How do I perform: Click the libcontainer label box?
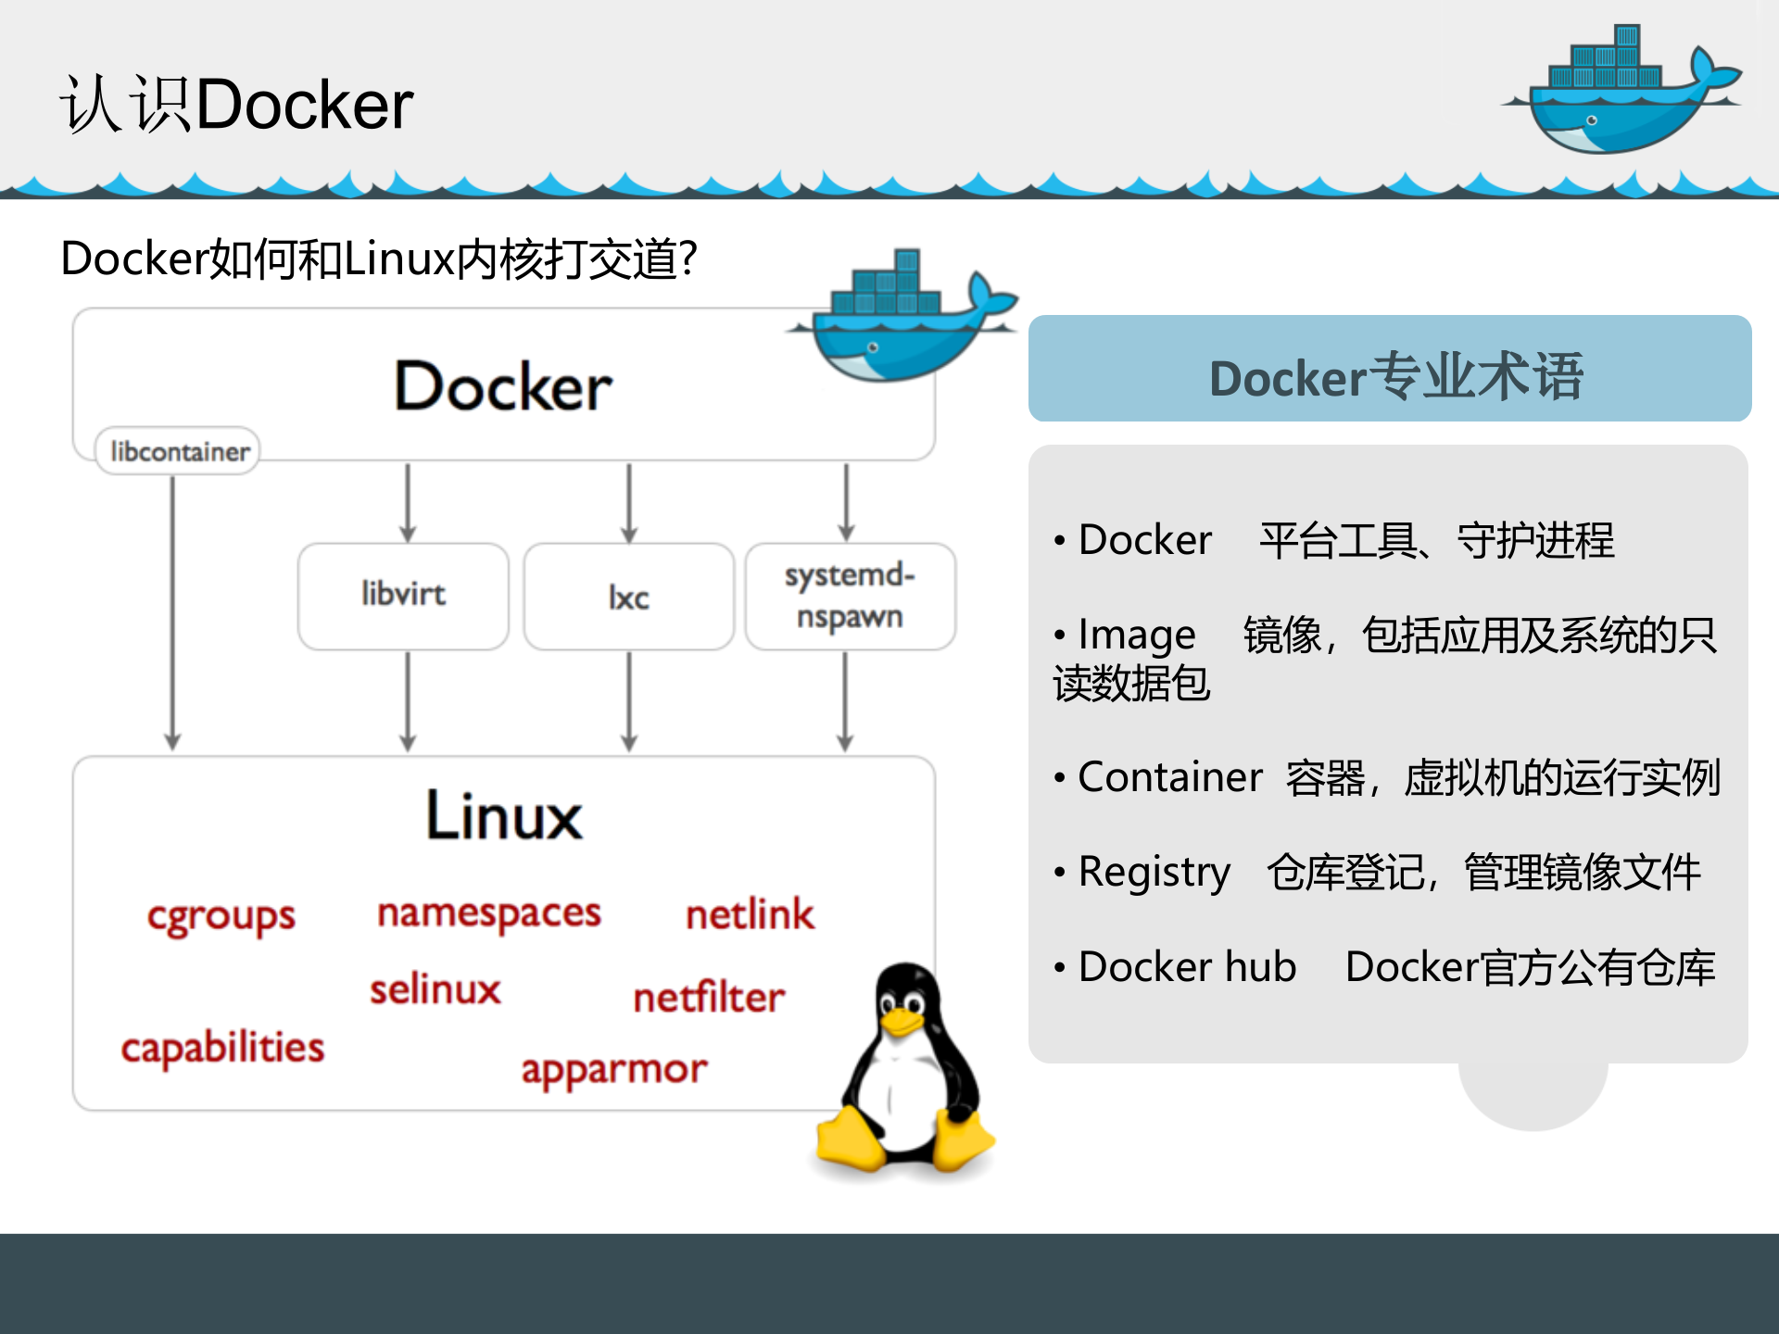pyautogui.click(x=178, y=451)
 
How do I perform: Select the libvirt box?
pyautogui.click(x=403, y=596)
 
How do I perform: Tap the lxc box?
pyautogui.click(x=628, y=597)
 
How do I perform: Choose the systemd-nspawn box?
pyautogui.click(x=850, y=596)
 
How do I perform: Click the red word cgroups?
pyautogui.click(x=221, y=917)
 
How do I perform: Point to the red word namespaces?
pyautogui.click(x=489, y=914)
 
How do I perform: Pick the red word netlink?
pyautogui.click(x=750, y=914)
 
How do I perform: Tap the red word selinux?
pyautogui.click(x=435, y=989)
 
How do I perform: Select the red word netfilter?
pyautogui.click(x=709, y=998)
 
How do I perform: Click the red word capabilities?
pyautogui.click(x=222, y=1048)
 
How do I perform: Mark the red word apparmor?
pyautogui.click(x=613, y=1070)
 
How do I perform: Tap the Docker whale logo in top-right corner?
pyautogui.click(x=1621, y=93)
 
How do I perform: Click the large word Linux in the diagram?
pyautogui.click(x=504, y=816)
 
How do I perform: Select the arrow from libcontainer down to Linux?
pyautogui.click(x=172, y=611)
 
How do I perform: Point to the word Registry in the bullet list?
pyautogui.click(x=1154, y=873)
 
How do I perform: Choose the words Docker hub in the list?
pyautogui.click(x=1187, y=967)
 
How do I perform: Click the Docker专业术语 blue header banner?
pyautogui.click(x=1389, y=369)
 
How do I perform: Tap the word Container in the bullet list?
pyautogui.click(x=1169, y=777)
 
